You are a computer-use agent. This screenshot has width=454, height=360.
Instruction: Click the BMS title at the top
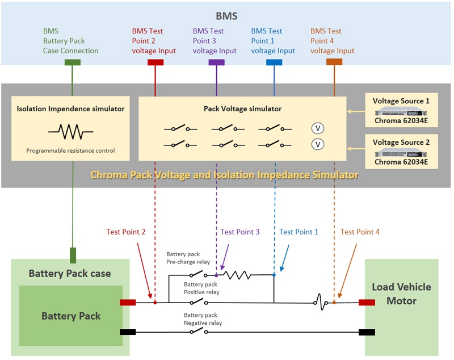[227, 16]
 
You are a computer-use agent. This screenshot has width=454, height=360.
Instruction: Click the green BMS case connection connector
[72, 62]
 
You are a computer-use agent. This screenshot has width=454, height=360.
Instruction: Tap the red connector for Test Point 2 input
[155, 62]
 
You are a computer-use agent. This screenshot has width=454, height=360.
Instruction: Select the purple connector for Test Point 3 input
[216, 62]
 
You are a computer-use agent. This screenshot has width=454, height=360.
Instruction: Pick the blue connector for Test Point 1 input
[274, 62]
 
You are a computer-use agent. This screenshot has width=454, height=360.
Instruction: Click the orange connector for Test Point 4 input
[334, 62]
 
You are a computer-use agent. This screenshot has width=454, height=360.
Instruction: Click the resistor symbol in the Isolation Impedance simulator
[70, 132]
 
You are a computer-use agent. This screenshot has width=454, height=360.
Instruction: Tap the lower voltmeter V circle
[318, 144]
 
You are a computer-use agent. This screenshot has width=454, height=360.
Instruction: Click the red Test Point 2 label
[126, 232]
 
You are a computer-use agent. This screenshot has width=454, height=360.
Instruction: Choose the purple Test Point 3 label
[240, 232]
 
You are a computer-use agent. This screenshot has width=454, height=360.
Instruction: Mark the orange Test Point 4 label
[360, 232]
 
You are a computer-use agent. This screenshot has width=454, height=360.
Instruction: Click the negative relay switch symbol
[197, 332]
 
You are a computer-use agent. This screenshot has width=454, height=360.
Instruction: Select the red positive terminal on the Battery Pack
[128, 303]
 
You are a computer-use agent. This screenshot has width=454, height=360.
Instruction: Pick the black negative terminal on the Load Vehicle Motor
[366, 332]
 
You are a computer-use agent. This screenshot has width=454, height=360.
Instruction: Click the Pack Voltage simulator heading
[242, 108]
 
